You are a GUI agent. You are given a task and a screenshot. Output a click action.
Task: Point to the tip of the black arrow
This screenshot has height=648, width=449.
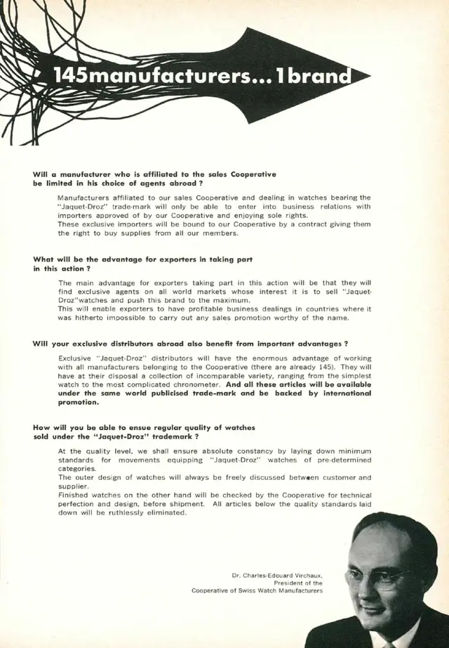coord(369,74)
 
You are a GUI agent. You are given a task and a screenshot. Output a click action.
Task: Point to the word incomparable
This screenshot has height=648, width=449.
coord(209,376)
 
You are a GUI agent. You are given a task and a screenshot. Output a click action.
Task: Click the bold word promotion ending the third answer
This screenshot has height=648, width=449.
coord(78,403)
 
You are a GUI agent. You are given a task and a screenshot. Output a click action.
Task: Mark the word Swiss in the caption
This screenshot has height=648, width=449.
coord(253,591)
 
